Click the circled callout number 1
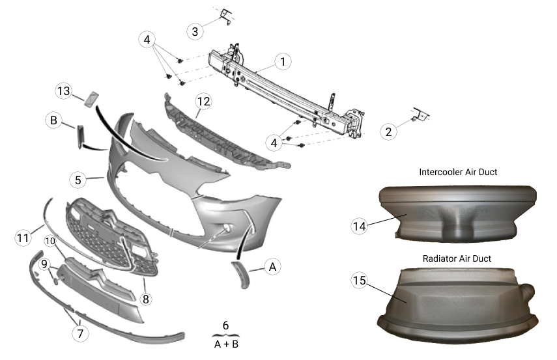point(282,62)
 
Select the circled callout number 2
point(389,132)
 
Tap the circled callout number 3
point(195,31)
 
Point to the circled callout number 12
point(203,101)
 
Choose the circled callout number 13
point(63,92)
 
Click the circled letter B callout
point(53,120)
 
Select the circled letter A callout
point(273,266)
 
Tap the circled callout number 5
point(78,178)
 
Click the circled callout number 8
point(145,299)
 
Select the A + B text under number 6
point(226,344)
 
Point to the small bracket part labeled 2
point(419,115)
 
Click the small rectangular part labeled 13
point(89,99)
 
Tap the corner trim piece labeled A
point(241,273)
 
